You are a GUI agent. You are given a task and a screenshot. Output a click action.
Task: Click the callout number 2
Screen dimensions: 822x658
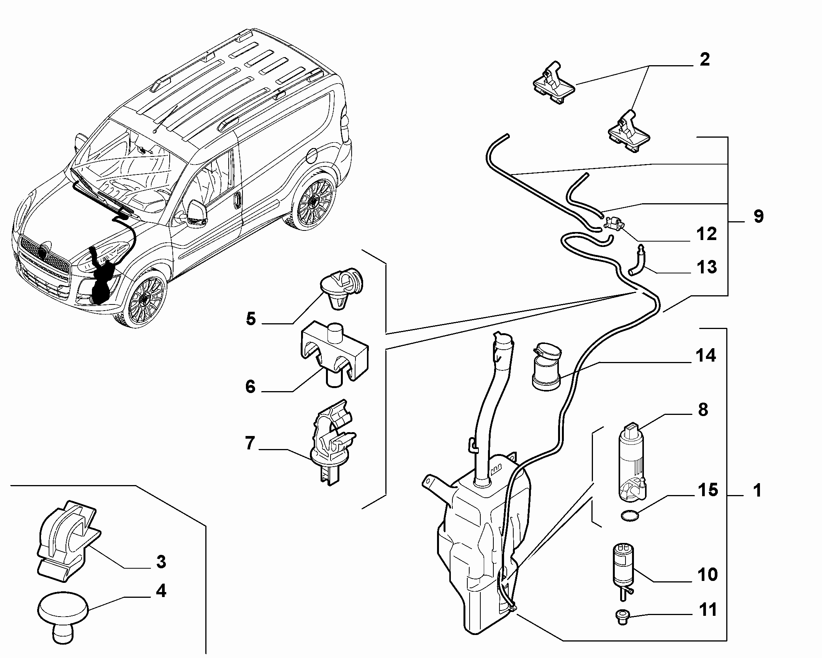point(704,60)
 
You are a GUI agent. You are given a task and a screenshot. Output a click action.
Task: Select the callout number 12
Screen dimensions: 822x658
point(706,234)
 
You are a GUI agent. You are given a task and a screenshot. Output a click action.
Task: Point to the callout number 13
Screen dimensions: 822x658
point(706,267)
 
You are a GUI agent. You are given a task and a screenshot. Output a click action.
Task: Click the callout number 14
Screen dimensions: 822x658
point(706,356)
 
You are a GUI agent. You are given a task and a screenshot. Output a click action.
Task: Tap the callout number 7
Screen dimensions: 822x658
point(250,444)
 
